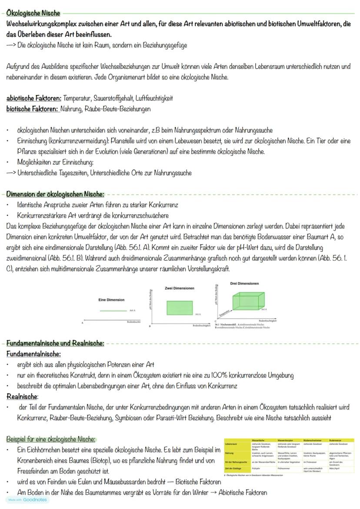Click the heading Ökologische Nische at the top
[33, 13]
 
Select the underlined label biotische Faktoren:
[32, 109]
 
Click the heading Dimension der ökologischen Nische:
[55, 194]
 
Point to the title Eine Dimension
[111, 299]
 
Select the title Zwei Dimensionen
[180, 288]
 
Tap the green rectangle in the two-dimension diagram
[180, 308]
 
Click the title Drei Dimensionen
[244, 283]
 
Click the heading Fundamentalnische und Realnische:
[55, 343]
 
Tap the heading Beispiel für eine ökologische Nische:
[51, 439]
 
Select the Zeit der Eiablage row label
[234, 469]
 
